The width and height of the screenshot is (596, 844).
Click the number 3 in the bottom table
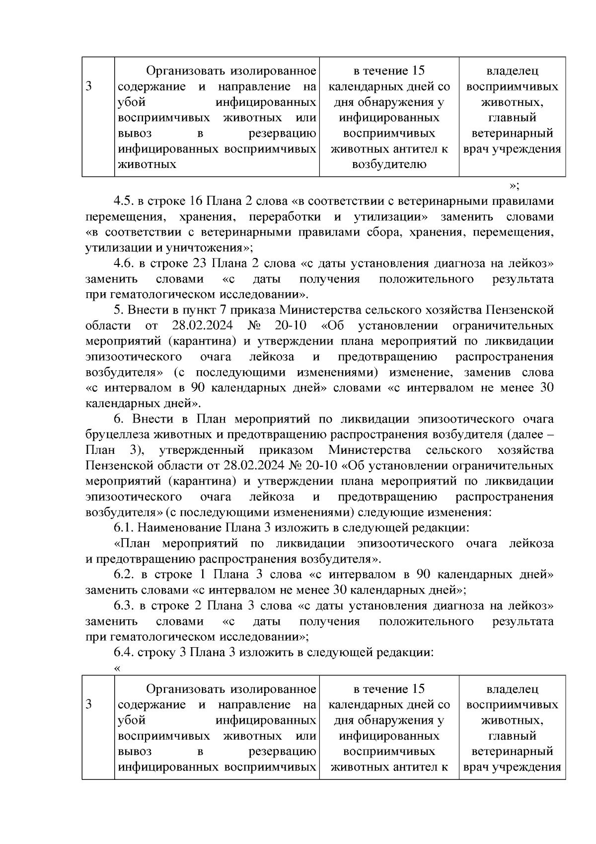click(89, 704)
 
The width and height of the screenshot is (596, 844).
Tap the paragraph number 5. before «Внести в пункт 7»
click(118, 310)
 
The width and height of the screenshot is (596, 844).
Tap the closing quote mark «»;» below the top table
click(514, 186)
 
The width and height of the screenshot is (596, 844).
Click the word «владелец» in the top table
click(512, 72)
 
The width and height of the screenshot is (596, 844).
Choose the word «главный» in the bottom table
click(512, 735)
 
